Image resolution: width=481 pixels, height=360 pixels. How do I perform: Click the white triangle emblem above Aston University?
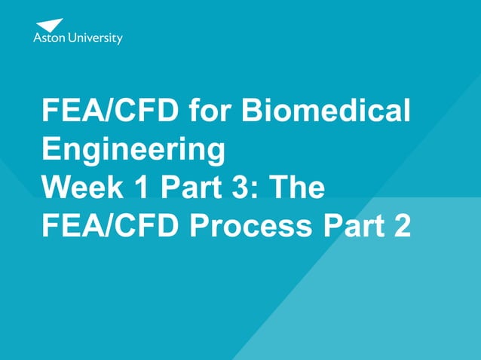[49, 25]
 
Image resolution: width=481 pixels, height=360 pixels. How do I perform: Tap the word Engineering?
[133, 150]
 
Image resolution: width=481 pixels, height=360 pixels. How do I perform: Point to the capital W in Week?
[57, 187]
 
